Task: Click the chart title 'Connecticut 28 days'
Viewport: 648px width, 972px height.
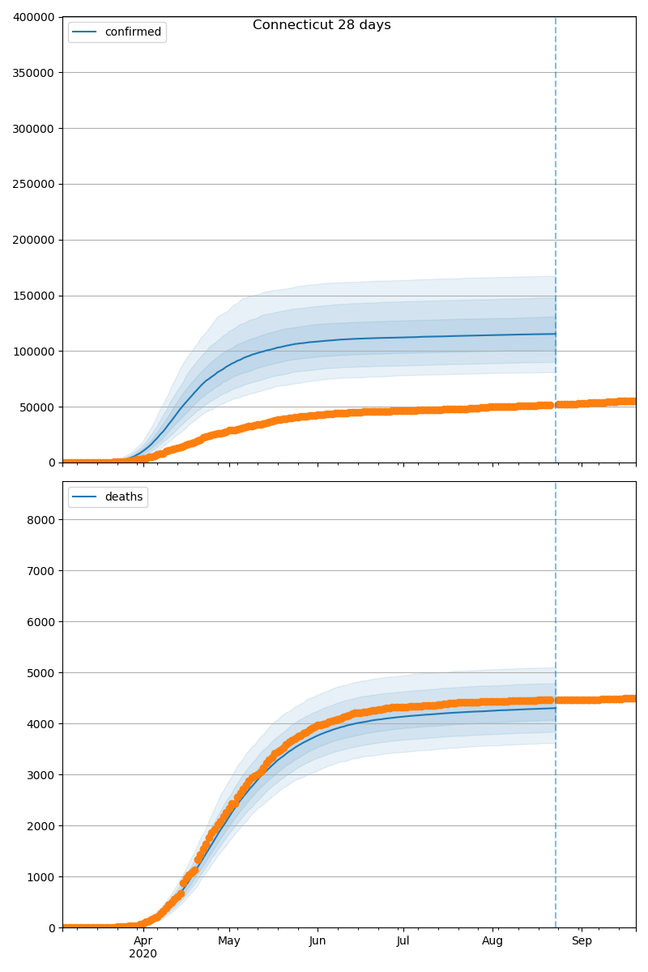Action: pos(322,25)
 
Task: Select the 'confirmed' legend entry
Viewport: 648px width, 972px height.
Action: pos(133,32)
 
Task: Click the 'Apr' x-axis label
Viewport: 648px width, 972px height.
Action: pos(143,941)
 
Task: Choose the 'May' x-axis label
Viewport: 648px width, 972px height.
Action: pos(229,941)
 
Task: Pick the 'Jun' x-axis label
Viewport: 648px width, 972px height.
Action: pos(318,941)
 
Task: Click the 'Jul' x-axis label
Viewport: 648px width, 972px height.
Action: pos(403,941)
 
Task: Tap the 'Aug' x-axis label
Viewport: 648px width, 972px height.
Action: pos(492,941)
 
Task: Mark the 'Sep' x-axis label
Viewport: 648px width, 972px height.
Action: pos(582,941)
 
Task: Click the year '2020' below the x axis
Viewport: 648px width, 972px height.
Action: pos(143,954)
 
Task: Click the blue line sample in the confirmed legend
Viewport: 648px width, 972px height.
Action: pos(85,32)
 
